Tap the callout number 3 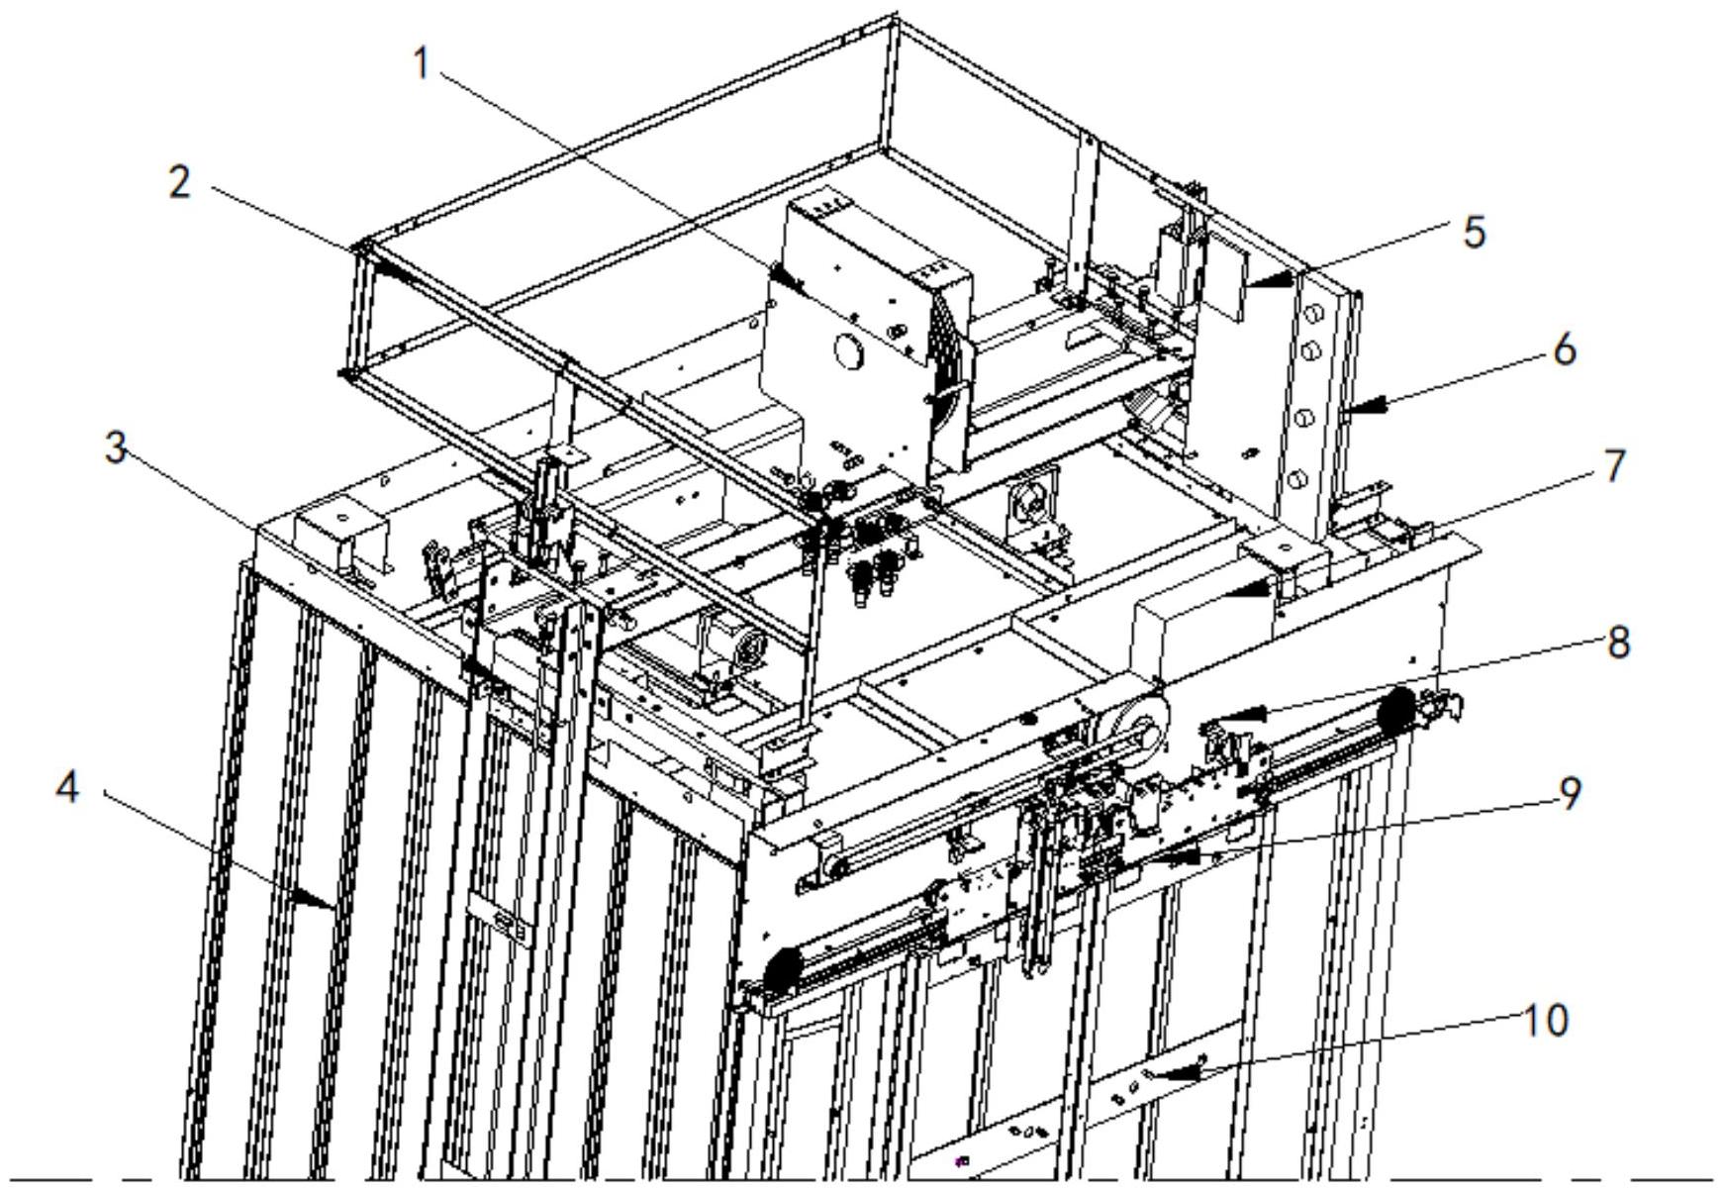[116, 448]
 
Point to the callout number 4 [66, 789]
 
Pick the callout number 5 [1474, 233]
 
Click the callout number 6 [1564, 350]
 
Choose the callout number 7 [1613, 466]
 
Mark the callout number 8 [1618, 643]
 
